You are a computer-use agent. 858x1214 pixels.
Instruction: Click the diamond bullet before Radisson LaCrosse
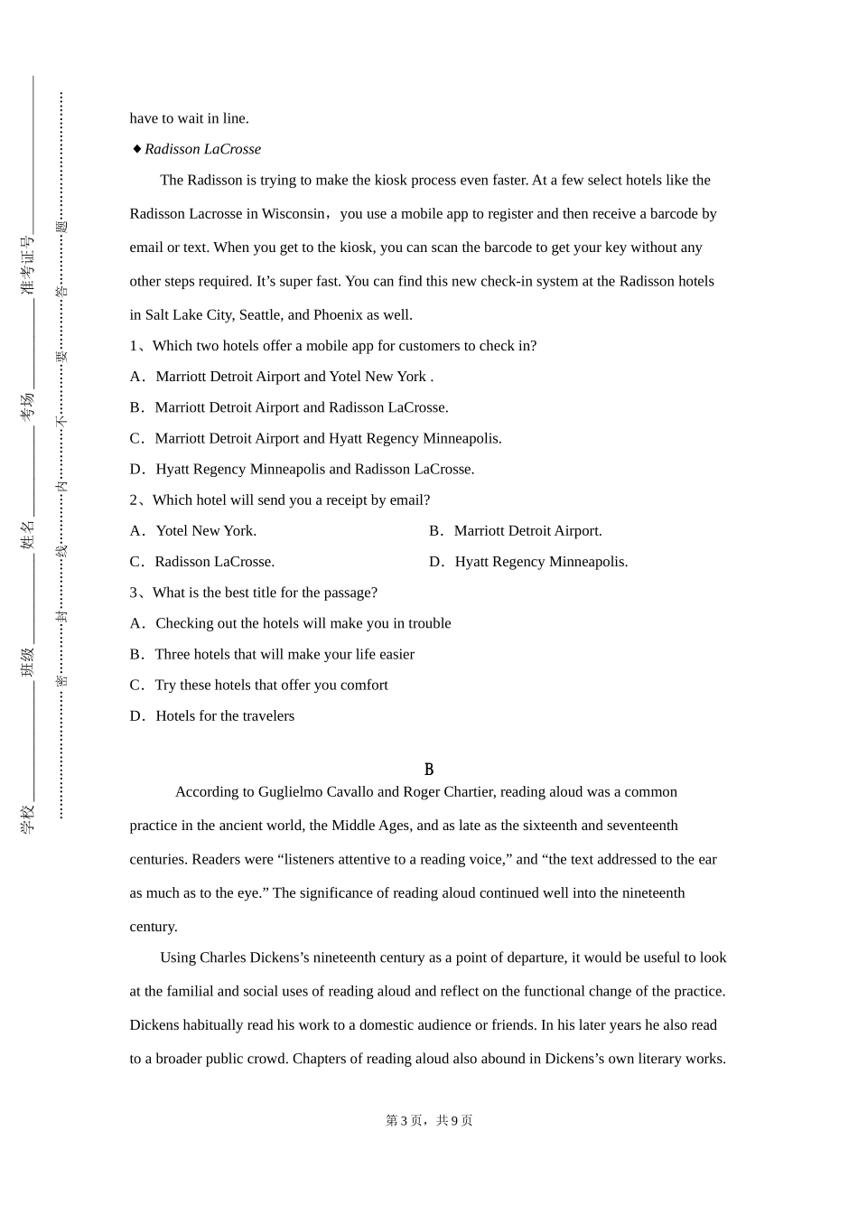(x=136, y=149)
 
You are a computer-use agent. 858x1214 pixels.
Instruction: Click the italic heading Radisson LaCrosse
(x=202, y=149)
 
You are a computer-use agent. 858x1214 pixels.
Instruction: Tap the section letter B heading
(x=429, y=770)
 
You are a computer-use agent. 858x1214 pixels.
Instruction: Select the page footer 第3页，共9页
(x=429, y=1120)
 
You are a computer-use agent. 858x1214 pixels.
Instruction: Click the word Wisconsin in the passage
(x=293, y=214)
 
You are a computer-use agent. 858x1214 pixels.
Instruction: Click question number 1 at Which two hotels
(x=135, y=346)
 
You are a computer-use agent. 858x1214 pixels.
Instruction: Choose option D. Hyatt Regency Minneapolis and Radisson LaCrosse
(x=302, y=469)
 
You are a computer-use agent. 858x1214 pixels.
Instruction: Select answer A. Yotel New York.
(x=193, y=531)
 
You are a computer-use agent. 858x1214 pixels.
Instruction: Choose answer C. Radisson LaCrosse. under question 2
(x=202, y=562)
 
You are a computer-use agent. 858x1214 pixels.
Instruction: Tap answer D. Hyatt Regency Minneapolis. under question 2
(x=528, y=562)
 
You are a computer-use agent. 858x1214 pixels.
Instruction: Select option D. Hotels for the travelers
(x=212, y=716)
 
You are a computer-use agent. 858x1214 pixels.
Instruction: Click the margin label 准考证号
(x=27, y=266)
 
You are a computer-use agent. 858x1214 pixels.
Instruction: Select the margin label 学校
(x=27, y=818)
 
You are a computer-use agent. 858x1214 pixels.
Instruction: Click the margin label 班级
(x=27, y=661)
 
